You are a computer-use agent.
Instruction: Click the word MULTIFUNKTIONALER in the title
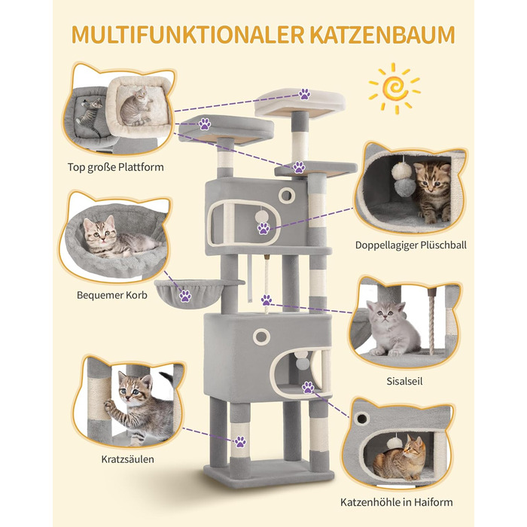188,35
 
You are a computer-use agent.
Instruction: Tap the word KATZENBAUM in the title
382,35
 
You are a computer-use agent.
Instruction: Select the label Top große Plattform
116,167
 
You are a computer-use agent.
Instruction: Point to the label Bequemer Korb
112,295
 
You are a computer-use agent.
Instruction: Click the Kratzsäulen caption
128,459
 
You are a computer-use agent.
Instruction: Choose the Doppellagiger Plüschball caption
411,245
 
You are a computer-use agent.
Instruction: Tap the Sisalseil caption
404,381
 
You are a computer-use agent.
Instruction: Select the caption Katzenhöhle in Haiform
396,502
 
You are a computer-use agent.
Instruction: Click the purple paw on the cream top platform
304,94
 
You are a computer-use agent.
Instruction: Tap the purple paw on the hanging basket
185,296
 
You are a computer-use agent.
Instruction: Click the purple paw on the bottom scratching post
240,442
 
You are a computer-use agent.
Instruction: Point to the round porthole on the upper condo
286,195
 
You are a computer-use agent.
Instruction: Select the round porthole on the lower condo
261,336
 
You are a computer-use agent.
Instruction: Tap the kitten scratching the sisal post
139,407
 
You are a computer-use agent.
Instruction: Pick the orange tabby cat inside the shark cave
400,458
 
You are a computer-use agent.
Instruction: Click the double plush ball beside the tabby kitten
402,179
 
